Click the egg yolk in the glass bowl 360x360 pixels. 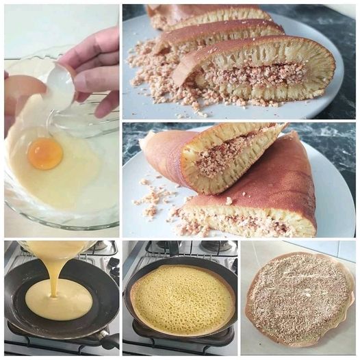point(45,153)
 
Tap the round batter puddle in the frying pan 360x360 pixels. point(58,300)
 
